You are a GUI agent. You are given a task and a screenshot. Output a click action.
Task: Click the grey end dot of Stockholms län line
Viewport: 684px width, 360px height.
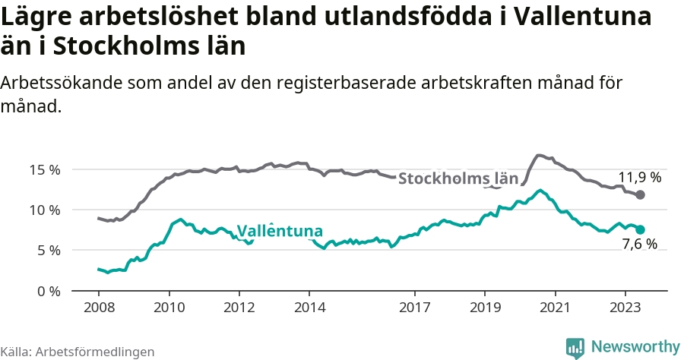click(x=641, y=195)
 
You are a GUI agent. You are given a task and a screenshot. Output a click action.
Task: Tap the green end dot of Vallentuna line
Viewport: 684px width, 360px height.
click(x=641, y=229)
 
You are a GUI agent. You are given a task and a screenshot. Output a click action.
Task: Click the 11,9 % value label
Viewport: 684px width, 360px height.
click(x=639, y=178)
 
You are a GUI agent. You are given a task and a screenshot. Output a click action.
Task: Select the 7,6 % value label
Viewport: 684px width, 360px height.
click(x=639, y=245)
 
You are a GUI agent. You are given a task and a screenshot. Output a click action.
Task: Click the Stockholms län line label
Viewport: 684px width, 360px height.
click(x=458, y=179)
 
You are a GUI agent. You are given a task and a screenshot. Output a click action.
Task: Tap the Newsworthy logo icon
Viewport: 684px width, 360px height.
click(x=576, y=347)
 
